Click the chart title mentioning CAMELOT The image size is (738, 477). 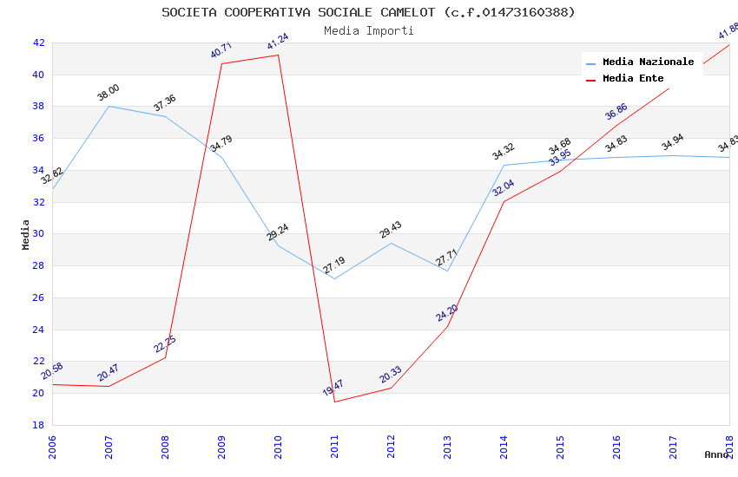pos(368,12)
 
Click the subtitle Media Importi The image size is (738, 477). pos(368,31)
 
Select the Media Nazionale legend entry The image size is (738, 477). pos(648,62)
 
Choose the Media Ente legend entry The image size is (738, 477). pos(633,79)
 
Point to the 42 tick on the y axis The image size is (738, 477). pos(38,42)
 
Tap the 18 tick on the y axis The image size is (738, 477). pos(38,425)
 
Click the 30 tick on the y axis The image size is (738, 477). pos(38,234)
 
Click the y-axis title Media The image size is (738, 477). pos(26,234)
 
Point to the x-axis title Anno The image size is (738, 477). pos(716,454)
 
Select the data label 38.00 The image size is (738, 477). pos(109,92)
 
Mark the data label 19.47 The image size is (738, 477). pos(333,387)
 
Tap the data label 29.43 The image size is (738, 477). pos(391,229)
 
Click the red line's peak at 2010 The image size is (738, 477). pos(278,56)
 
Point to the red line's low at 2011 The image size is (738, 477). pos(334,402)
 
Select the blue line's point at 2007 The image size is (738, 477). pos(109,106)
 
